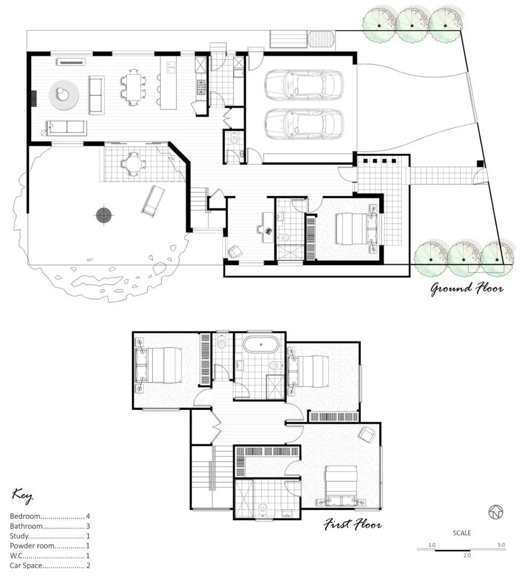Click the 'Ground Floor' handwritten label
point(466,289)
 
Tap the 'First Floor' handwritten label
point(353,525)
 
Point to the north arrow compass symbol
point(496,512)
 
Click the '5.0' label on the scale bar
point(500,545)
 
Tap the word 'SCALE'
point(462,533)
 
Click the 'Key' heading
point(22,495)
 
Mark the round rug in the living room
point(65,95)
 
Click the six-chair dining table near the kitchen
point(133,87)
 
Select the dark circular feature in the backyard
point(104,215)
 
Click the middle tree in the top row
point(411,22)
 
